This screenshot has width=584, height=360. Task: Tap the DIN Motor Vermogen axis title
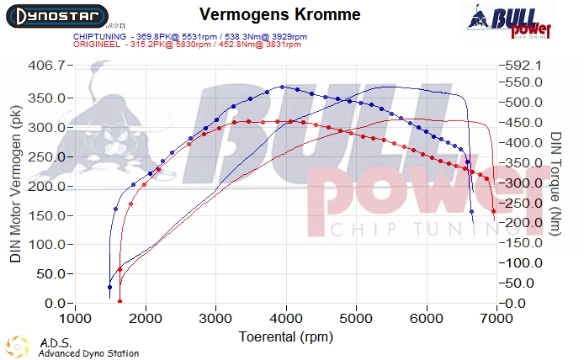15,190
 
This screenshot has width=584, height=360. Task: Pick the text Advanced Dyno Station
88,354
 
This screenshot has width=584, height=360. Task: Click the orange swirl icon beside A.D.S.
19,347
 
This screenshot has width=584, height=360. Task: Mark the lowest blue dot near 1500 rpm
110,288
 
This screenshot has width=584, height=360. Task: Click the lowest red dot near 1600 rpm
119,301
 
